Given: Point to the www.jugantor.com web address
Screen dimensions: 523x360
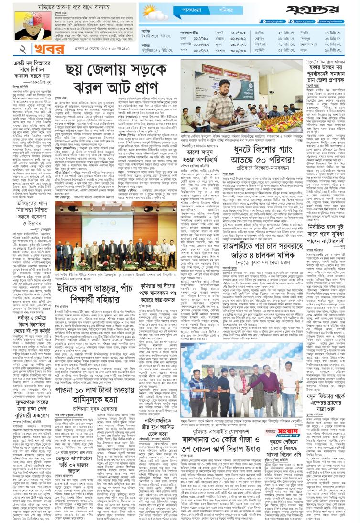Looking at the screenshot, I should point(340,22).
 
